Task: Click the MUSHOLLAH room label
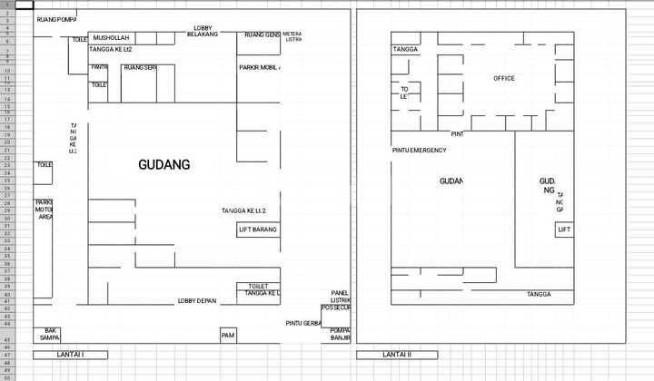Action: [x=111, y=37]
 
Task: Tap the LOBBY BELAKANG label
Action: [x=203, y=31]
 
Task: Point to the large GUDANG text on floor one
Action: [x=164, y=165]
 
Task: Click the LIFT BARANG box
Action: [x=258, y=230]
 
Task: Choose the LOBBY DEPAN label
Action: [x=197, y=300]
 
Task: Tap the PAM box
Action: [x=228, y=336]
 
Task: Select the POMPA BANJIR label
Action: [x=341, y=334]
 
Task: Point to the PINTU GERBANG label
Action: [x=303, y=323]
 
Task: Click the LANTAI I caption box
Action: [x=71, y=354]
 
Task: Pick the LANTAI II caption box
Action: [x=397, y=354]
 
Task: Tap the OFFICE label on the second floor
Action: [x=504, y=79]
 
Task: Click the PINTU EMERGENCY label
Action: [x=419, y=150]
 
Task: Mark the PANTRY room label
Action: [x=100, y=68]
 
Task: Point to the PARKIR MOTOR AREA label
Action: [x=44, y=210]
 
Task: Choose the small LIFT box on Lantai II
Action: [x=565, y=230]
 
